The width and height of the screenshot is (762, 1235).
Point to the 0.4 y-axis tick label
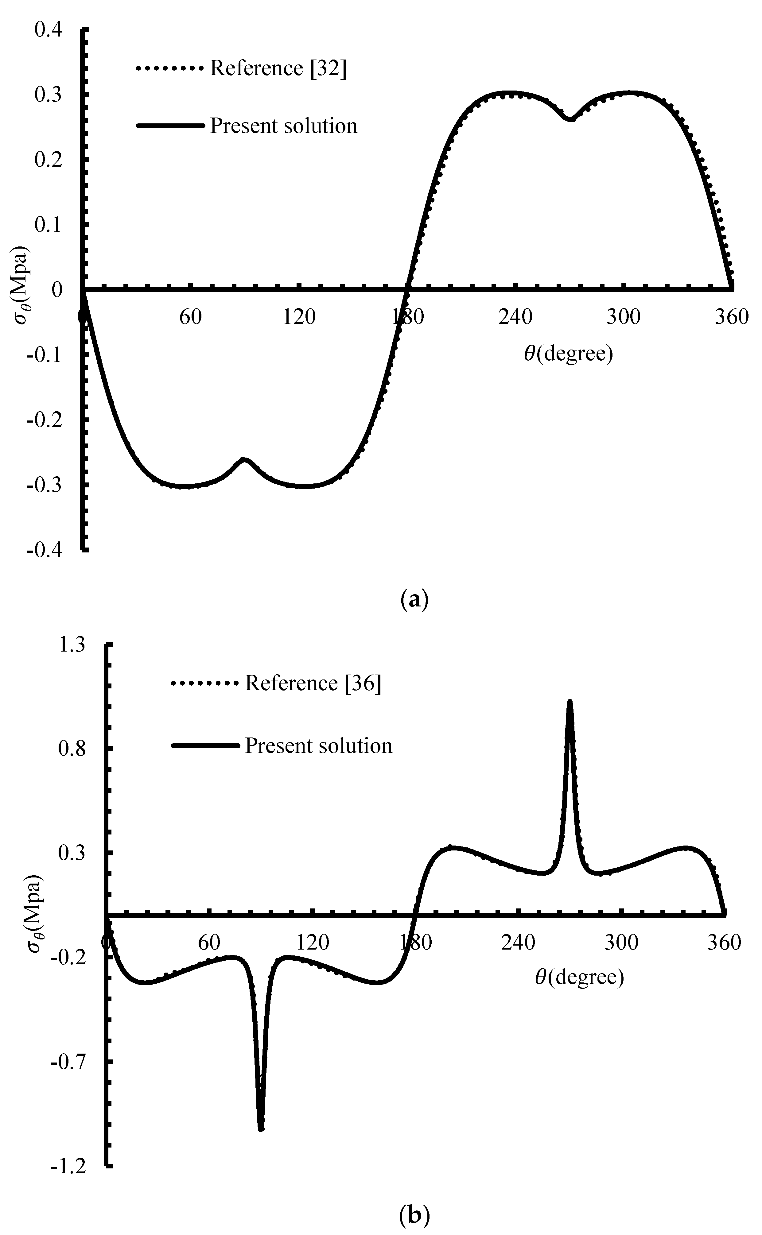[49, 30]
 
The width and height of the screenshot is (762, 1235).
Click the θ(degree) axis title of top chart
[569, 354]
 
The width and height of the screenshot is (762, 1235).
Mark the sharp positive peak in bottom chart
[570, 702]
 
